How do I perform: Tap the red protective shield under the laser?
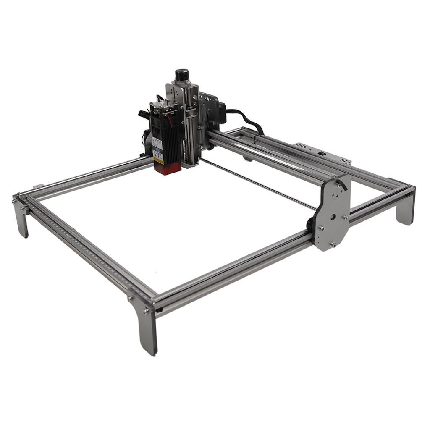(168, 168)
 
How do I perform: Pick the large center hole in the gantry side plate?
(332, 217)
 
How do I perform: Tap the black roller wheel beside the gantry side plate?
(310, 225)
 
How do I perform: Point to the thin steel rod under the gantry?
(260, 185)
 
